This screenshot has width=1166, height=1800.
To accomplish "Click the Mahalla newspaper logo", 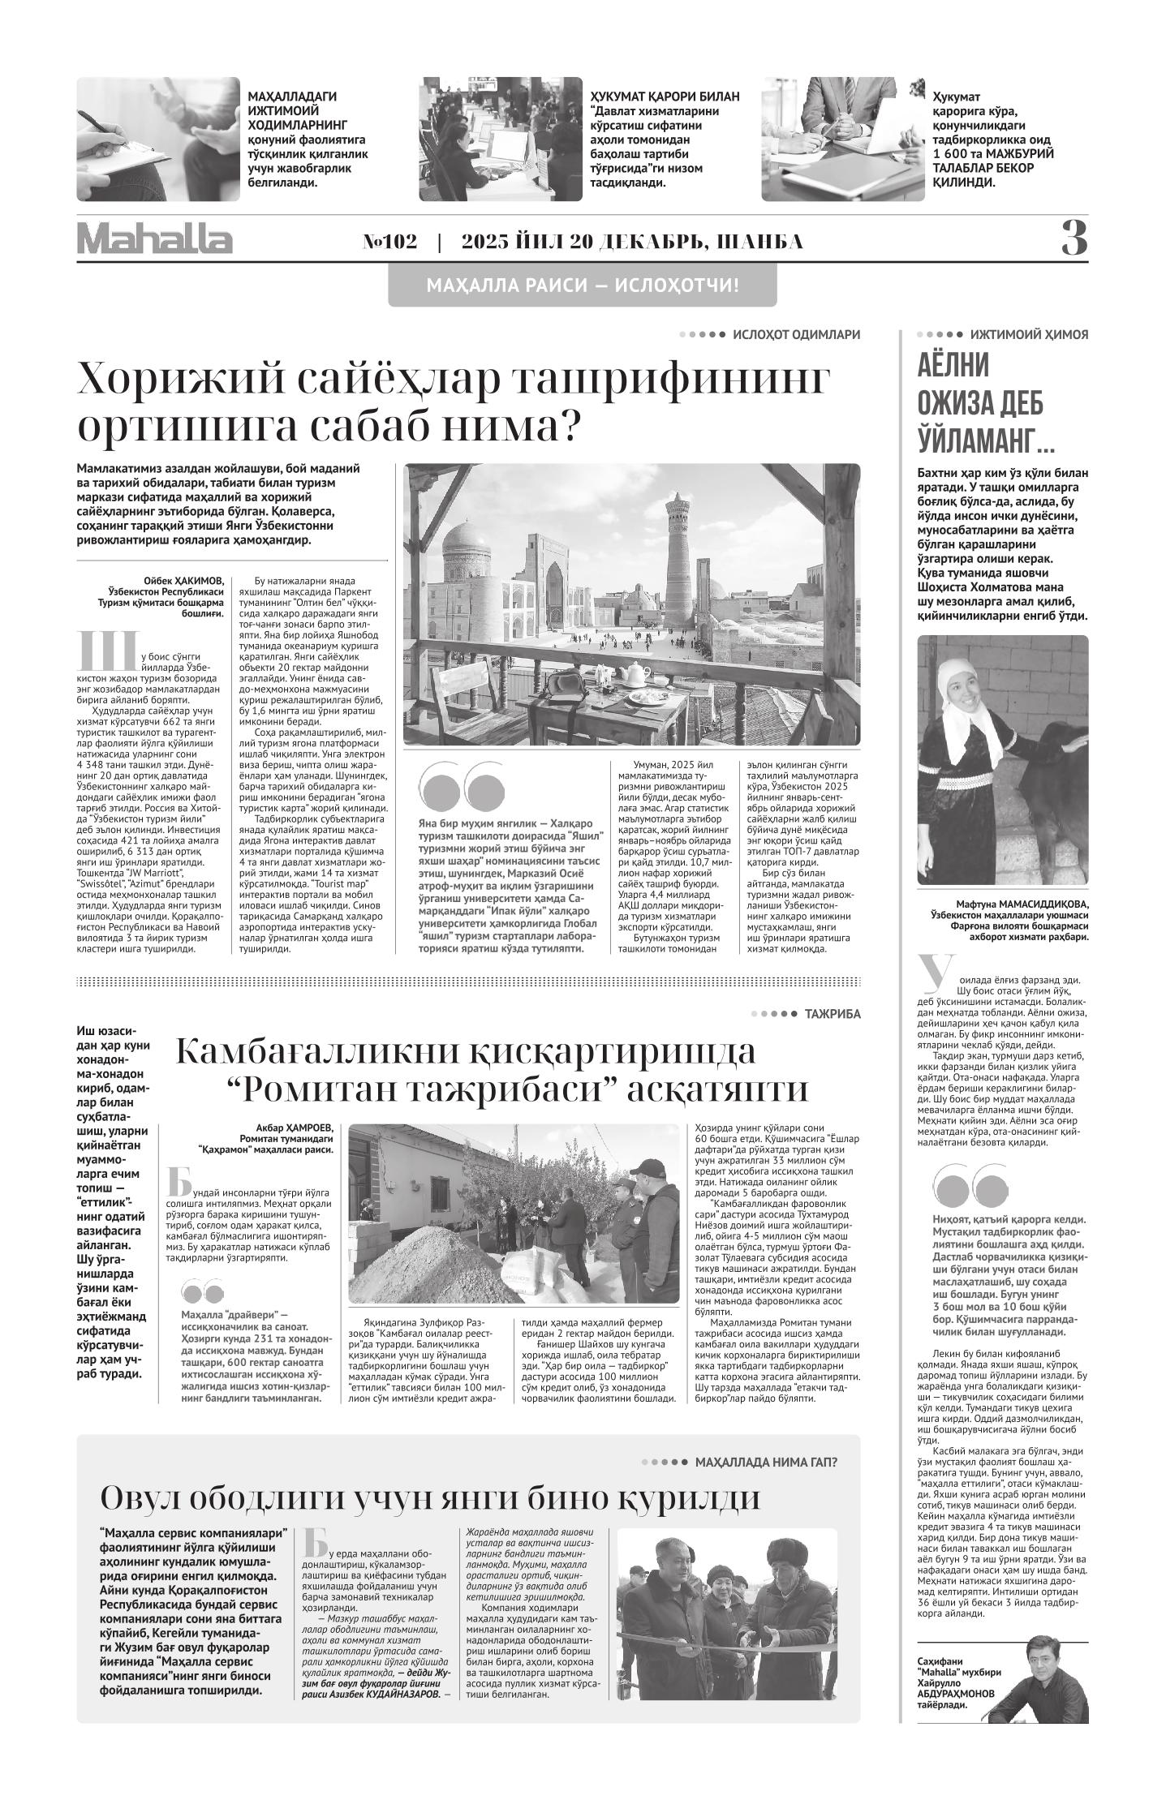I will tap(155, 239).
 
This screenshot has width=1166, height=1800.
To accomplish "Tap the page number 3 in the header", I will tap(1074, 239).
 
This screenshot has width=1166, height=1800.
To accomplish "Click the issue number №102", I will tap(389, 243).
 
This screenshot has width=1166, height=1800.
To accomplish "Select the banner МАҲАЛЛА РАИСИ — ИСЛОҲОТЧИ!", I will tap(582, 286).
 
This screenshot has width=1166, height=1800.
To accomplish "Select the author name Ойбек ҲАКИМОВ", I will tap(183, 581).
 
